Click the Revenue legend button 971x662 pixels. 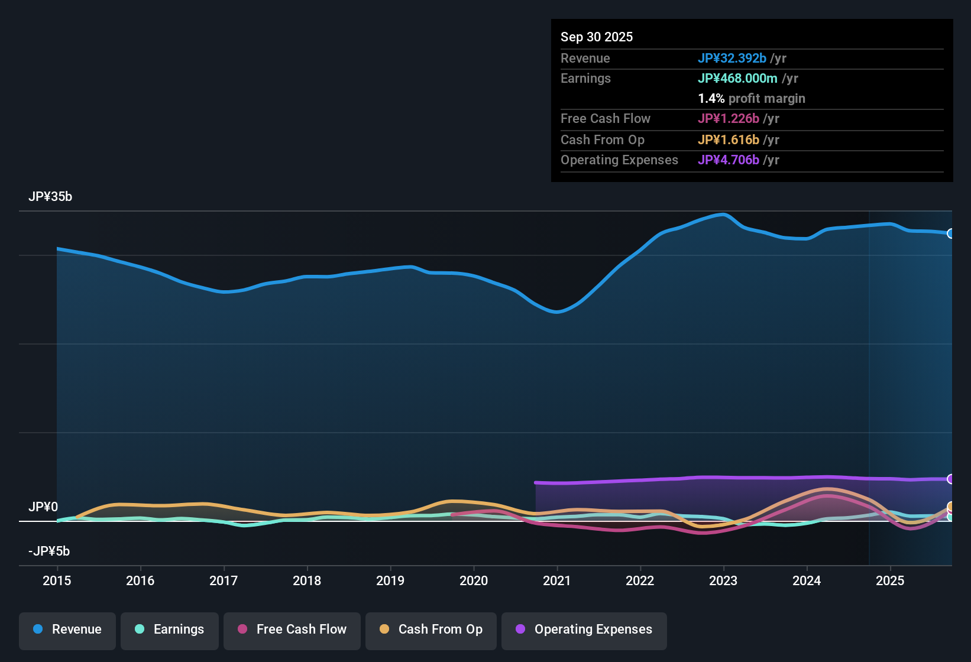tap(67, 629)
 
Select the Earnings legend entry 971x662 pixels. tap(170, 629)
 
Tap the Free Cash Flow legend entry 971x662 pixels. tap(292, 629)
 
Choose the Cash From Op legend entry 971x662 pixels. tap(431, 629)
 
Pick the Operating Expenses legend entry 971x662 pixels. tap(584, 629)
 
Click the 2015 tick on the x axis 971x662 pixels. tap(57, 580)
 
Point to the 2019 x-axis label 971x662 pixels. tap(390, 580)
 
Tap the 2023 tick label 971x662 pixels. tap(723, 580)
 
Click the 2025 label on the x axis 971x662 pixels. tap(890, 580)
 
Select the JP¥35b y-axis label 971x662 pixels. tap(50, 197)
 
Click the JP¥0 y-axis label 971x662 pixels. tap(43, 507)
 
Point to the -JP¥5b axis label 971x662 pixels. tap(49, 551)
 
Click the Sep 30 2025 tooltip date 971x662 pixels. tap(597, 37)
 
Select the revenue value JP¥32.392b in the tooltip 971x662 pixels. tap(732, 58)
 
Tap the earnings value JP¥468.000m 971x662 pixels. tap(737, 78)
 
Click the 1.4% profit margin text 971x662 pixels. tap(752, 98)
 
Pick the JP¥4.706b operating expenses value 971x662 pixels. tap(729, 160)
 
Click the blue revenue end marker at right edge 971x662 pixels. tap(950, 233)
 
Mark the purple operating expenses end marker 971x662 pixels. tap(950, 479)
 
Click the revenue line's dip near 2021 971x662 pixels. tap(556, 311)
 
